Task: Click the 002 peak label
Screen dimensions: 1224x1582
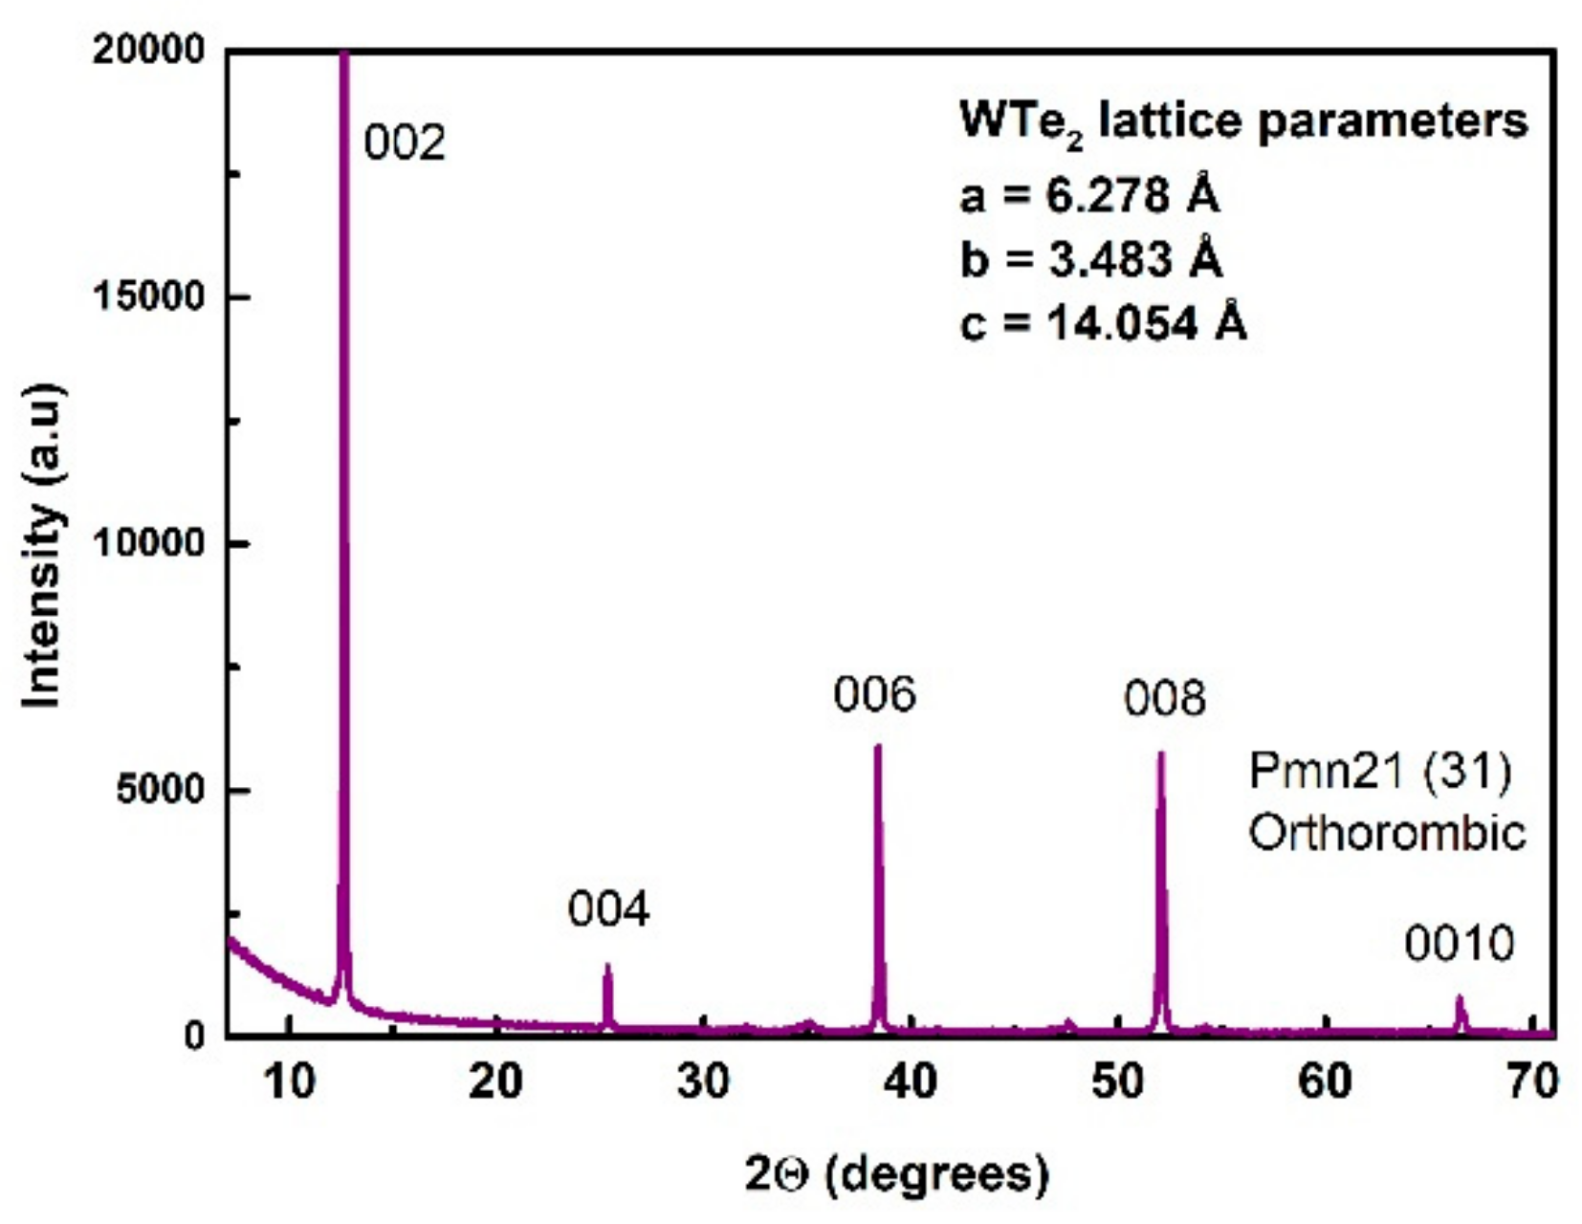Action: tap(405, 143)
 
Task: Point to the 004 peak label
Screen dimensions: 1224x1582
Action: tap(608, 908)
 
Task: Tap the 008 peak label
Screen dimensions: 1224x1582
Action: tap(1164, 699)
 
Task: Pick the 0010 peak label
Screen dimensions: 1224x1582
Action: tap(1459, 945)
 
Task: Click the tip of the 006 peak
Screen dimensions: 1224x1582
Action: tap(877, 747)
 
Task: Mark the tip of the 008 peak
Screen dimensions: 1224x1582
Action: tap(1161, 754)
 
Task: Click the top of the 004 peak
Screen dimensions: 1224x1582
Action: tap(607, 967)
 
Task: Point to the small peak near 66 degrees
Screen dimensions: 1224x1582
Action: tap(1460, 999)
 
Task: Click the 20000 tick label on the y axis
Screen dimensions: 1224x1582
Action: tap(149, 50)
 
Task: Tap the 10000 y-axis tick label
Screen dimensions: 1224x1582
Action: tap(149, 543)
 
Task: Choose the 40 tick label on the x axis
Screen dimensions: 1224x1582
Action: tap(910, 1082)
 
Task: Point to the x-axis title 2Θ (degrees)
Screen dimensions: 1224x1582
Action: tap(896, 1173)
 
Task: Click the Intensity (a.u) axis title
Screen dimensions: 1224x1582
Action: tap(43, 545)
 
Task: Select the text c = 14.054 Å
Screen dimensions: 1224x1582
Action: tap(1103, 323)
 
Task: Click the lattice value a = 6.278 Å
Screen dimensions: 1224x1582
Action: tap(1089, 196)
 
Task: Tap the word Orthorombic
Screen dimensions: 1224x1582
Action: tap(1387, 833)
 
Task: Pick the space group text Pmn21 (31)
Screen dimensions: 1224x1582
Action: tap(1380, 771)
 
